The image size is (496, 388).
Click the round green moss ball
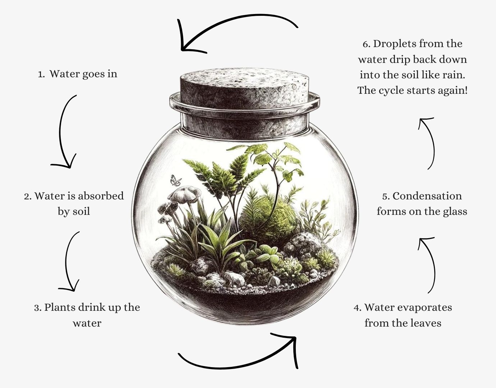pyautogui.click(x=268, y=216)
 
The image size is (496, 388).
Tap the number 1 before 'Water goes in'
pyautogui.click(x=41, y=74)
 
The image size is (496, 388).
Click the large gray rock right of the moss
pyautogui.click(x=306, y=242)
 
